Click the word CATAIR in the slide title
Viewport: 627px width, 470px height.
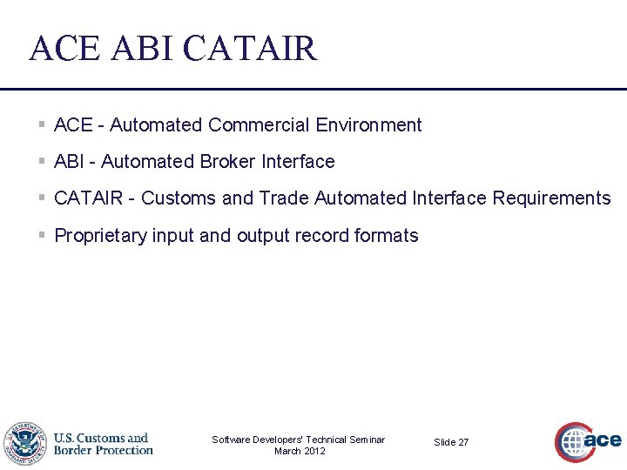tap(251, 48)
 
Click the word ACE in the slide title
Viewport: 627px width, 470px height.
tap(64, 48)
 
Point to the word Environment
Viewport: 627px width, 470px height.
tap(368, 125)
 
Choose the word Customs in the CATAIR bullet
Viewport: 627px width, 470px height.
tap(179, 198)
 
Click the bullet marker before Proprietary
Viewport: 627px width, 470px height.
tap(43, 236)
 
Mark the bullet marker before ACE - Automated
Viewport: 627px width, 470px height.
tap(43, 125)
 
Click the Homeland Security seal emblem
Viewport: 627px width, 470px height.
tap(24, 444)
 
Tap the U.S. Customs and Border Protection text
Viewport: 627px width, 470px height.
tap(103, 444)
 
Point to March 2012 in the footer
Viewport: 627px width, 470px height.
tap(299, 451)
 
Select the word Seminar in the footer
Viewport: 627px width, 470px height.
tap(366, 440)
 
